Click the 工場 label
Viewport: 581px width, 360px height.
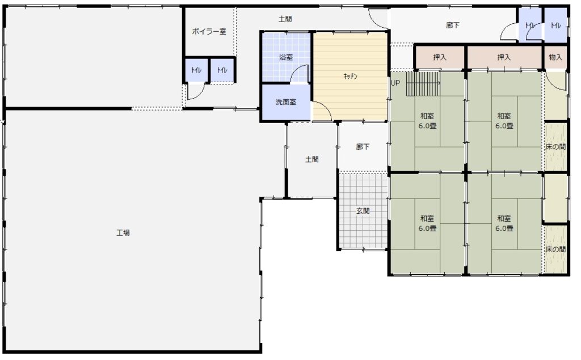(x=123, y=232)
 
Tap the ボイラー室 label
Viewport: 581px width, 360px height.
(x=209, y=32)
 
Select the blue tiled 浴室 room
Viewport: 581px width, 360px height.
(x=286, y=57)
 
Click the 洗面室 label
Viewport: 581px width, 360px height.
(x=286, y=102)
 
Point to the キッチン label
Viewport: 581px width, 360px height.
(x=350, y=77)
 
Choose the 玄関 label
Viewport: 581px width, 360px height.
(x=363, y=211)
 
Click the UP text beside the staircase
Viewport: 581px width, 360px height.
(x=395, y=83)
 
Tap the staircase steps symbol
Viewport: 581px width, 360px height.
(x=423, y=84)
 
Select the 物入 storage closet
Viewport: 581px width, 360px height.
(x=555, y=57)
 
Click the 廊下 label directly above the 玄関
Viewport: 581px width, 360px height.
(x=363, y=147)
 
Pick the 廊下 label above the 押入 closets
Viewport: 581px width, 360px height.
(x=453, y=25)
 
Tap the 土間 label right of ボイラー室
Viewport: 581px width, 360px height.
(x=285, y=19)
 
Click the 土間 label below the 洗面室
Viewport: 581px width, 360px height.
(x=312, y=159)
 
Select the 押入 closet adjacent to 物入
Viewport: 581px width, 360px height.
(x=504, y=57)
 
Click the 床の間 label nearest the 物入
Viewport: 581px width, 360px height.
(x=555, y=147)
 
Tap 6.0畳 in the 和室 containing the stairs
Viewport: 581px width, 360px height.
(x=427, y=126)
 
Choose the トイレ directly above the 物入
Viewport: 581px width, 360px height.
(x=555, y=25)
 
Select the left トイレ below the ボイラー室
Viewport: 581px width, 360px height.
(x=196, y=70)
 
